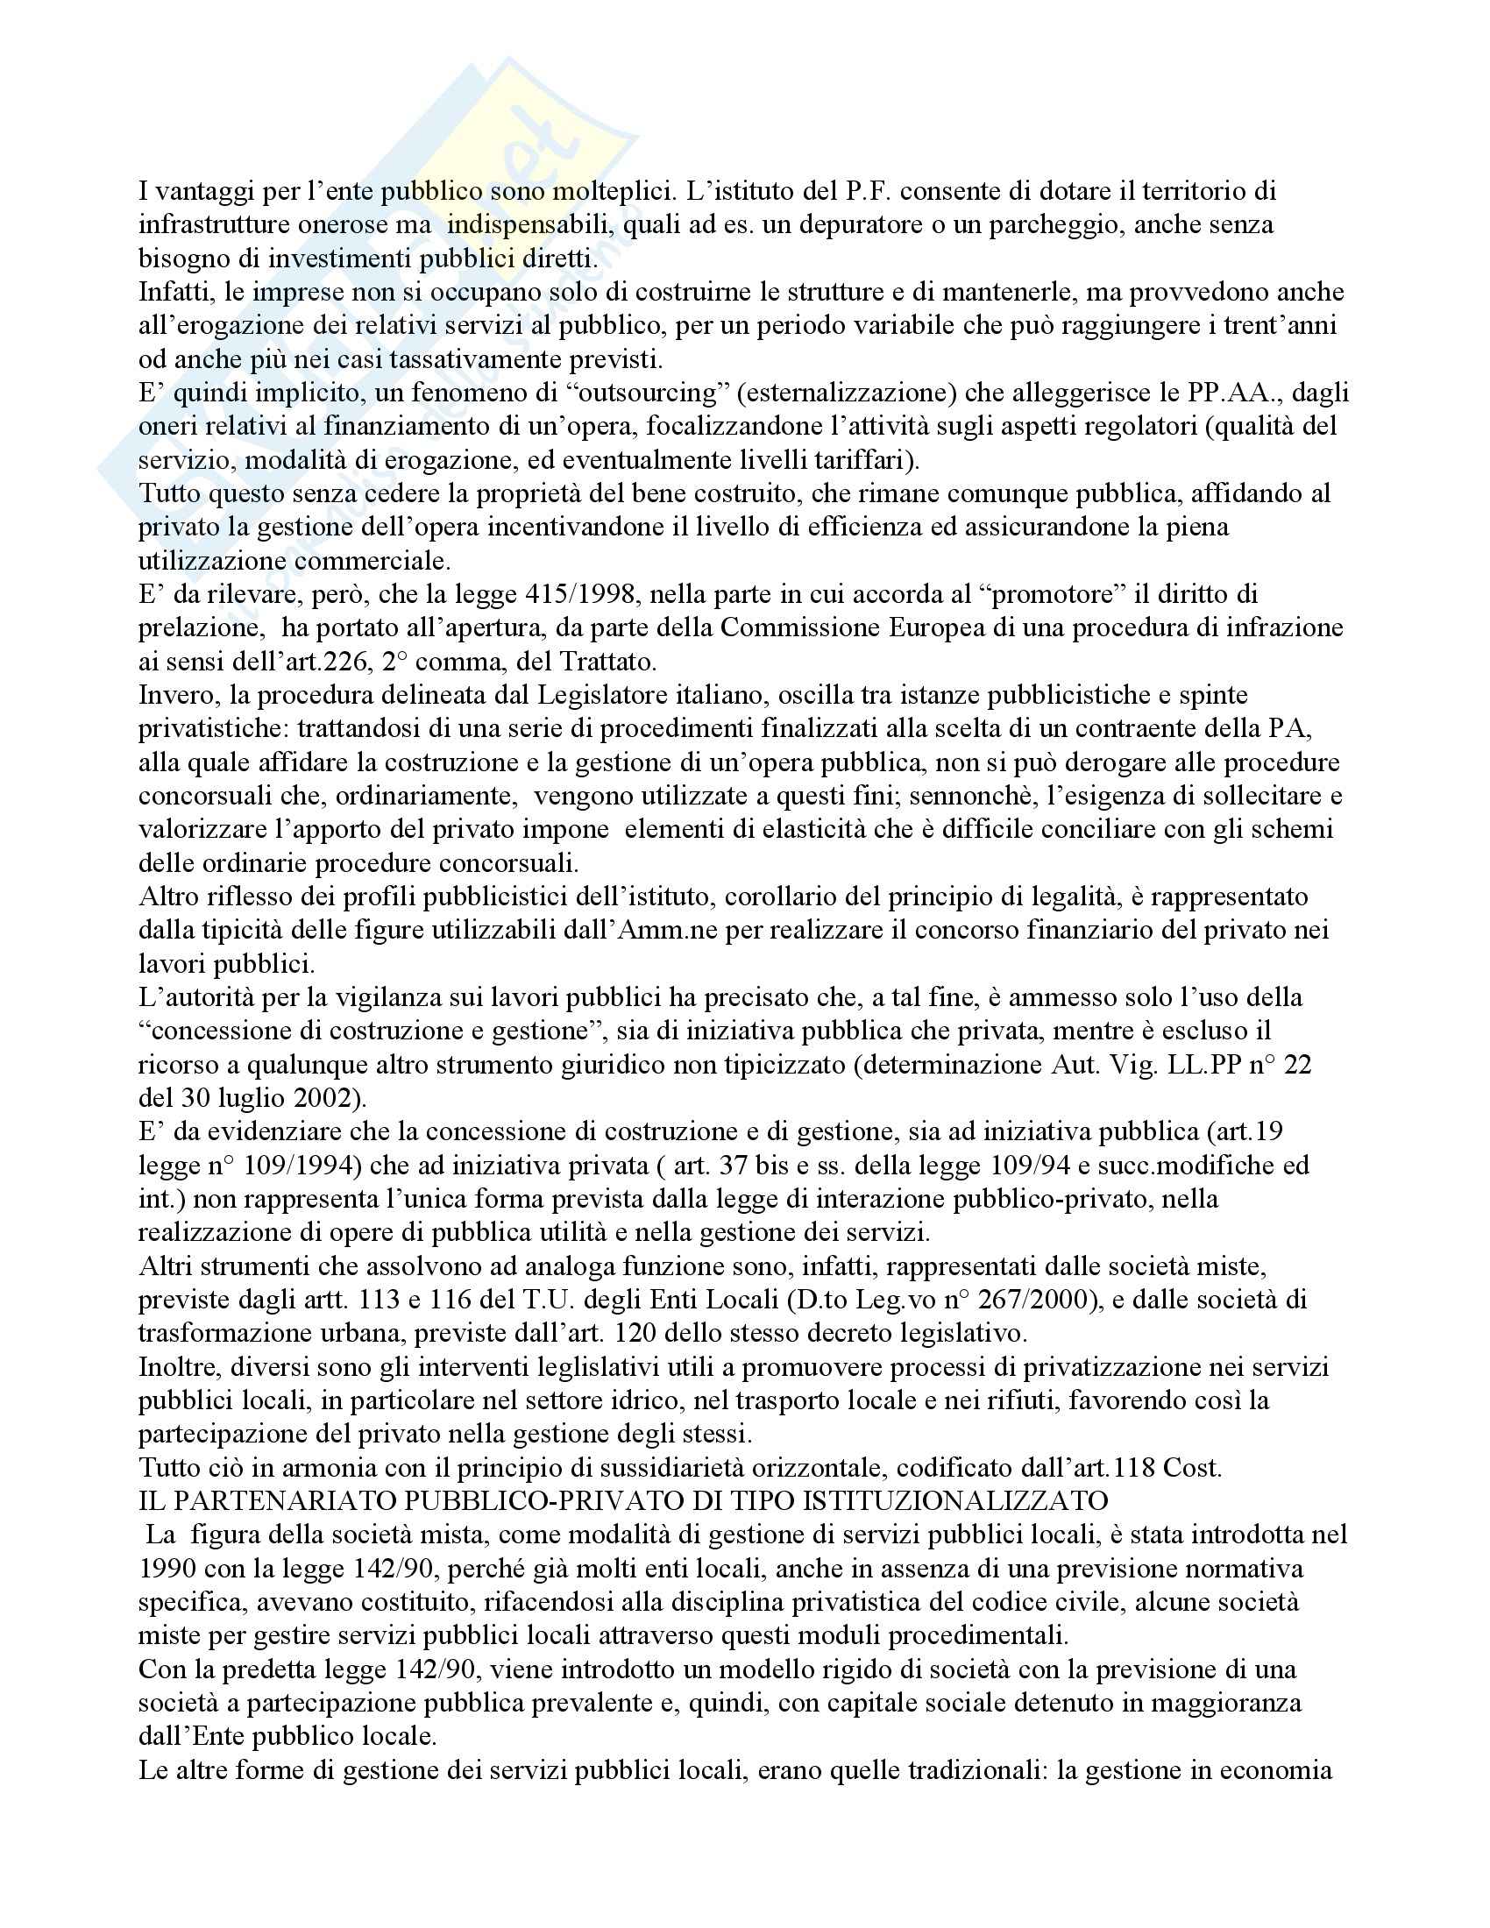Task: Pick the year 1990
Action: [x=170, y=1569]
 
